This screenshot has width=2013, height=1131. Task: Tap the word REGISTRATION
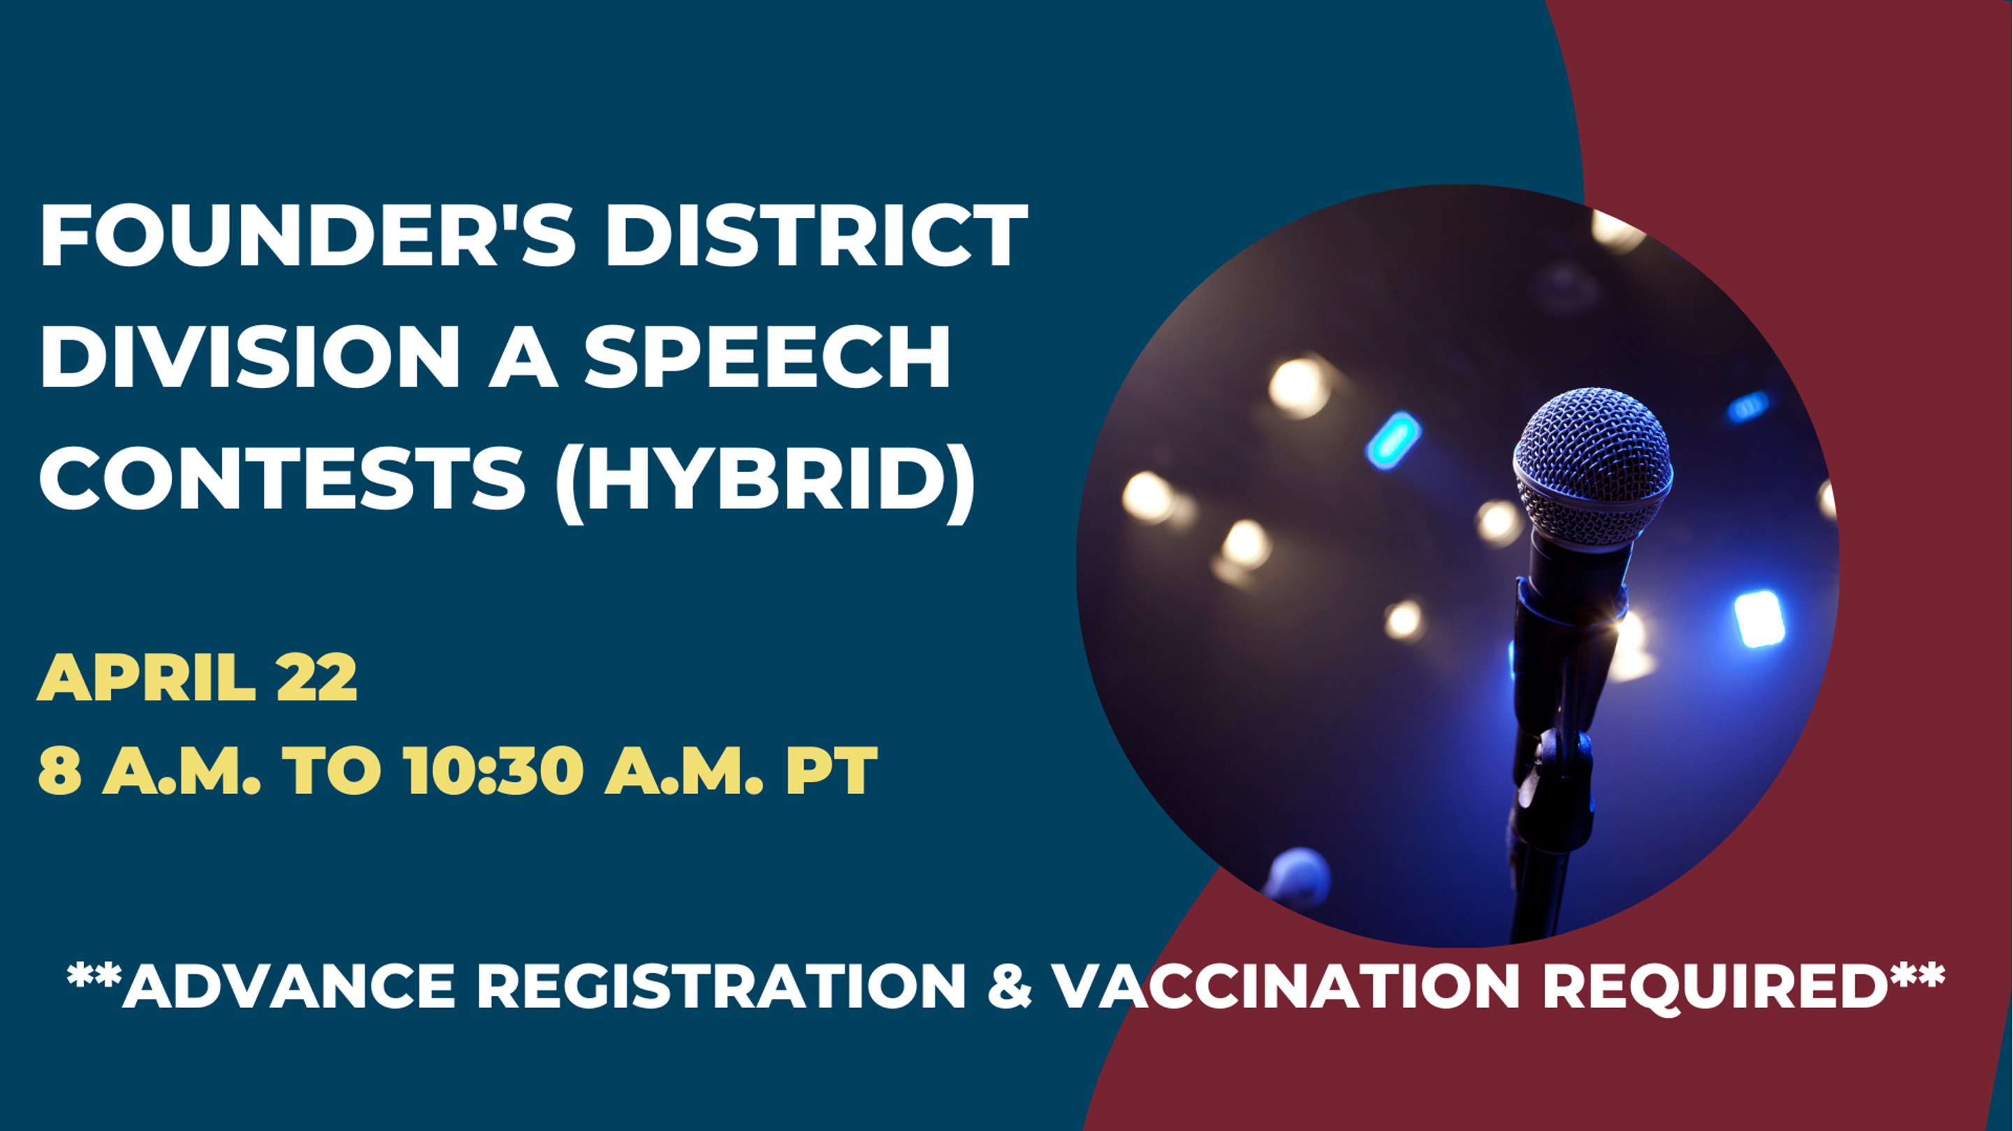[721, 986]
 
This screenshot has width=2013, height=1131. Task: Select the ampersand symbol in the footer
[1010, 986]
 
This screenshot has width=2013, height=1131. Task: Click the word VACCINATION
[1286, 986]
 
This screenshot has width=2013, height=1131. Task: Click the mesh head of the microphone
[1592, 469]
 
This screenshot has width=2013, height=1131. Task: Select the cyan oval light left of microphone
[1393, 440]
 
